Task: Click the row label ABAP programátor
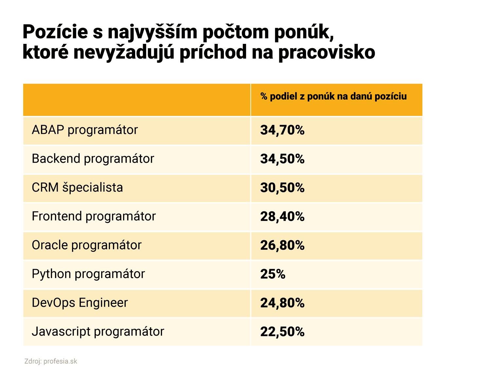[x=85, y=130]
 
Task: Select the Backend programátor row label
[x=93, y=159]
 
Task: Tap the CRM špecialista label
[x=77, y=188]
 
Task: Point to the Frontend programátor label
[x=94, y=216]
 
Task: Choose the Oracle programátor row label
[x=87, y=245]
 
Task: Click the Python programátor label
[x=88, y=274]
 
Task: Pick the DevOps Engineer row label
[x=80, y=303]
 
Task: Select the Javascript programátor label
[x=98, y=332]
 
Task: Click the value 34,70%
[x=282, y=130]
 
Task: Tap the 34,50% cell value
[x=282, y=159]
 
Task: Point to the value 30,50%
[x=282, y=188]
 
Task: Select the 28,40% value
[x=282, y=217]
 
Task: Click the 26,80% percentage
[x=282, y=246]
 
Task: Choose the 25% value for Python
[x=273, y=274]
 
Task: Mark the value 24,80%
[x=282, y=303]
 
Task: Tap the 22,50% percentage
[x=282, y=332]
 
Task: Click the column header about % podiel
[x=334, y=97]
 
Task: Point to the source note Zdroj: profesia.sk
[x=51, y=361]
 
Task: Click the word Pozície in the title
[x=55, y=32]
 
